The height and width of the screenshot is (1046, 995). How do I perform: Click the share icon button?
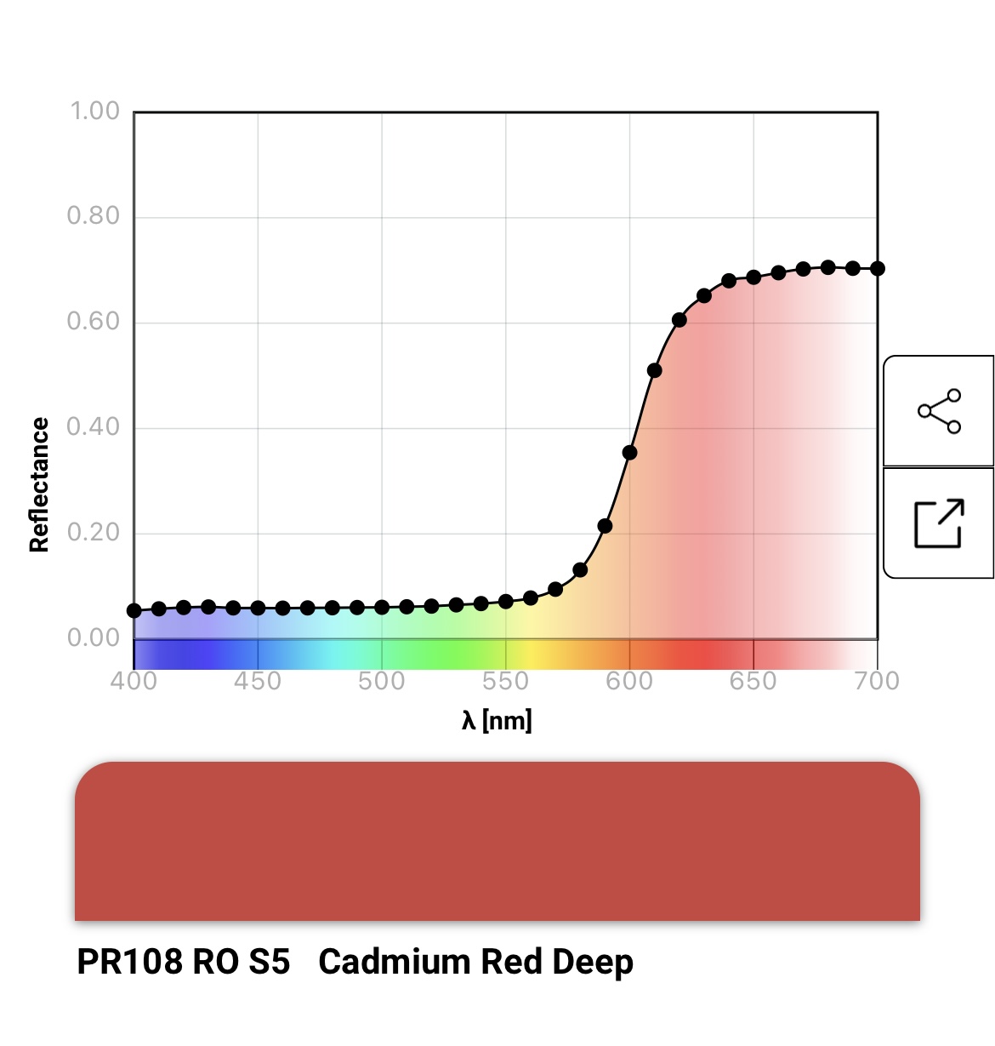tap(939, 412)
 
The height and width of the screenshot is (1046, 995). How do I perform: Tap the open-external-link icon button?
tap(939, 523)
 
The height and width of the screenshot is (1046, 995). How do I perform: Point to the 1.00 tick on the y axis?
tap(94, 111)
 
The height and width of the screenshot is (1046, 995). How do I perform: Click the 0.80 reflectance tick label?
tap(94, 216)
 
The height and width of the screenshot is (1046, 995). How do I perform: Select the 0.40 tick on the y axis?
tap(94, 426)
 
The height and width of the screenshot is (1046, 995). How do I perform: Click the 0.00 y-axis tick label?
tap(94, 637)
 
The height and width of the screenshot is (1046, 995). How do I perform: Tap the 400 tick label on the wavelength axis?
tap(134, 681)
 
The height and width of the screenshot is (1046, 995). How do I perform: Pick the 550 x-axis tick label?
tap(505, 681)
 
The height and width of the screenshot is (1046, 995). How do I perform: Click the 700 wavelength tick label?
tap(877, 681)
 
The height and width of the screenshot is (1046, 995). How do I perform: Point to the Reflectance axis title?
tap(39, 484)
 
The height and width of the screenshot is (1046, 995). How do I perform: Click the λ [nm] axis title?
tap(497, 721)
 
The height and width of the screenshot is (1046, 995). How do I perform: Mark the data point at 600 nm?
tap(629, 453)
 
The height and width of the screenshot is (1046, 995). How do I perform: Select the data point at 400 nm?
tap(134, 610)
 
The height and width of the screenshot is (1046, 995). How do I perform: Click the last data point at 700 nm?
tap(878, 269)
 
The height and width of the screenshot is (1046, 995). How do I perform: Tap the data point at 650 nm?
tap(753, 277)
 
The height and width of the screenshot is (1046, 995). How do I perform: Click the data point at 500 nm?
tap(382, 608)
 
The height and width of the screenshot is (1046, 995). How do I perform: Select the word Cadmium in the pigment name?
tap(395, 962)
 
